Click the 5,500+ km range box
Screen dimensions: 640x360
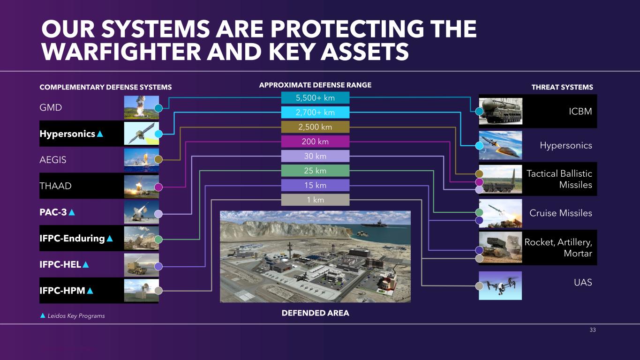pos(315,97)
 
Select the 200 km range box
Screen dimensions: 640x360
pos(315,142)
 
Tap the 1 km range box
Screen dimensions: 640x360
pos(315,200)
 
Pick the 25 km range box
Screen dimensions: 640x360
pos(315,171)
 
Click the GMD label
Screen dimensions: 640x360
pos(51,108)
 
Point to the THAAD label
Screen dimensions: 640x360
pos(55,186)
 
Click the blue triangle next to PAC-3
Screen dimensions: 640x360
pos(72,212)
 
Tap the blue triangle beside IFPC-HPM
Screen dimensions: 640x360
pos(90,291)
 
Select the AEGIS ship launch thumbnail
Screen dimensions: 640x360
pos(142,160)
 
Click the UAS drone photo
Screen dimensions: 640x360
pos(500,286)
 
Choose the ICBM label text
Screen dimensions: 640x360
pos(580,111)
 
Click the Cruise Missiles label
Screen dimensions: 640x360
pos(561,213)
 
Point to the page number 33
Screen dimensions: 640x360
pos(593,330)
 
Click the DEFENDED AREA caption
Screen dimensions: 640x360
pos(315,313)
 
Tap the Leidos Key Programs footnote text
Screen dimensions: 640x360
pos(76,316)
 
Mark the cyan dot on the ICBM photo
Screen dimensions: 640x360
pos(480,112)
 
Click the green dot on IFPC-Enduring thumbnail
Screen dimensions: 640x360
pos(158,240)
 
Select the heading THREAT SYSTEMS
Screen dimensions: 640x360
pos(562,87)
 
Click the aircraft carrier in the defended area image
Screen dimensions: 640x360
pos(374,224)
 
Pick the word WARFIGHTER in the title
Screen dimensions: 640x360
pos(121,52)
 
